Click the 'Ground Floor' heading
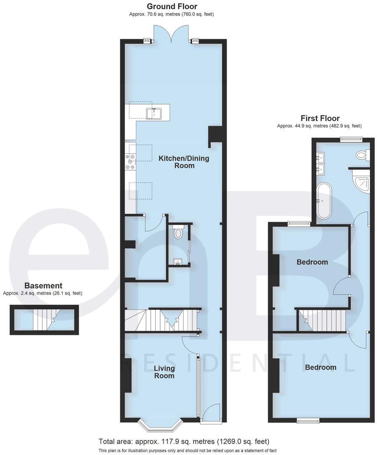[171, 6]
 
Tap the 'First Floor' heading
[320, 118]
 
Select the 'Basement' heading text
[43, 286]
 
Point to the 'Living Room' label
[164, 372]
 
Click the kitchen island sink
[154, 113]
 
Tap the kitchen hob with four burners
[130, 161]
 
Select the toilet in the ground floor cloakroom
[178, 232]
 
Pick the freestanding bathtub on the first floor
[324, 201]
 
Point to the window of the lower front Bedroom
[308, 420]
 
